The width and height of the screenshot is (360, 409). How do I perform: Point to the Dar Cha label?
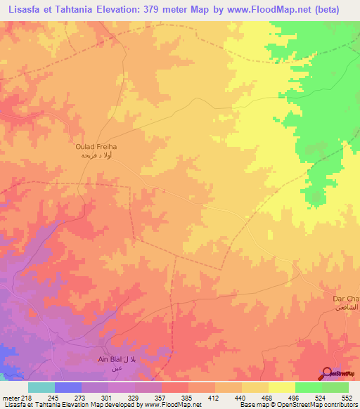(345, 298)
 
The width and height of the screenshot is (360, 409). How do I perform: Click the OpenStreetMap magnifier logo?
(326, 374)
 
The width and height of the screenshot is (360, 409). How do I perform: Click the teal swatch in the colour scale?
(41, 387)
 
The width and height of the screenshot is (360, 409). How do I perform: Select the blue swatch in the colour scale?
(68, 387)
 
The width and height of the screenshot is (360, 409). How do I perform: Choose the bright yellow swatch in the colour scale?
(282, 387)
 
